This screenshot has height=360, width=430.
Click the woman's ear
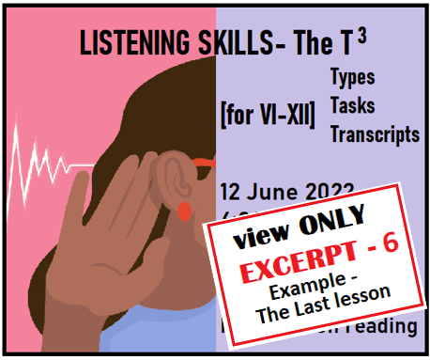tap(169, 178)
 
